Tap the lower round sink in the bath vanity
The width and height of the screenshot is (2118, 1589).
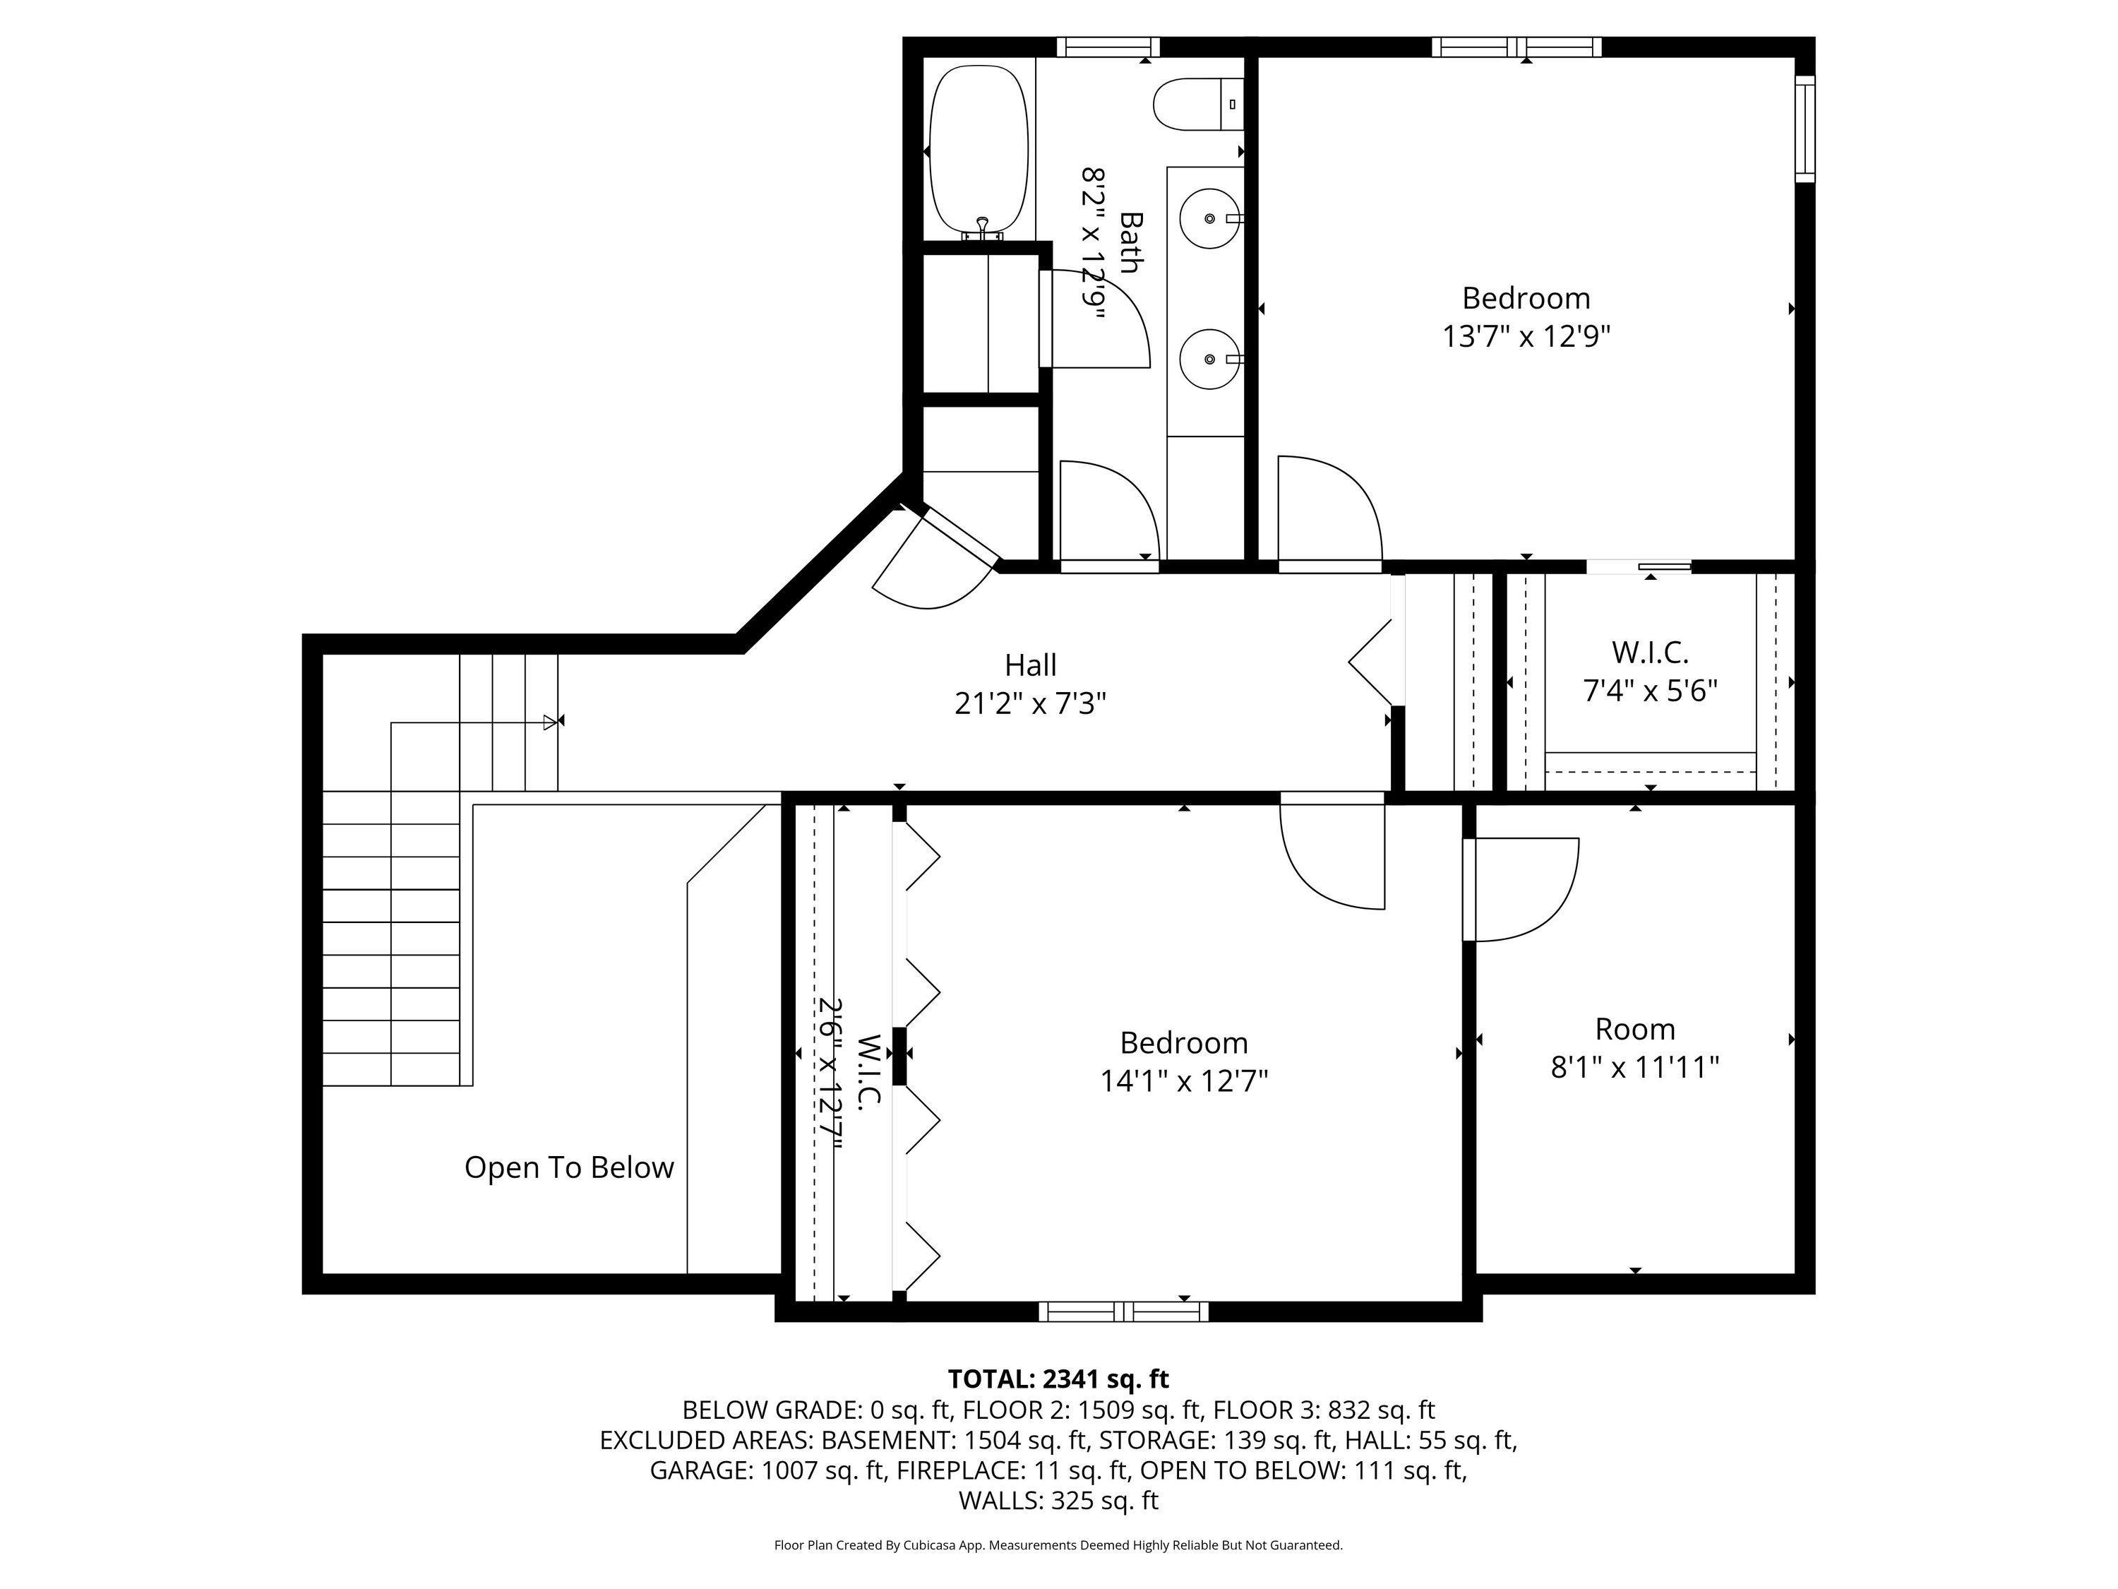(x=1210, y=358)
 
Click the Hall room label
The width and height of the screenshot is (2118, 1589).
(x=1030, y=684)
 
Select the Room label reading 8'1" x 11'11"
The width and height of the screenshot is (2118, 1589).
(x=1634, y=1048)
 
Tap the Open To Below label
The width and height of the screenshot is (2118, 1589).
(x=569, y=1167)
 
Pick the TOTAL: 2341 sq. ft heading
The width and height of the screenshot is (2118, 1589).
(x=1058, y=1379)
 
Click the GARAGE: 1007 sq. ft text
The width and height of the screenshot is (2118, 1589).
(x=766, y=1470)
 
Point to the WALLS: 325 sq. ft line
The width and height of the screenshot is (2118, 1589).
(x=1058, y=1501)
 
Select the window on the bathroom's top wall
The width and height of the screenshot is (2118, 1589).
(x=1108, y=47)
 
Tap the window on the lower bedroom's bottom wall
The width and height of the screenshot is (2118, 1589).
(x=1123, y=1311)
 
